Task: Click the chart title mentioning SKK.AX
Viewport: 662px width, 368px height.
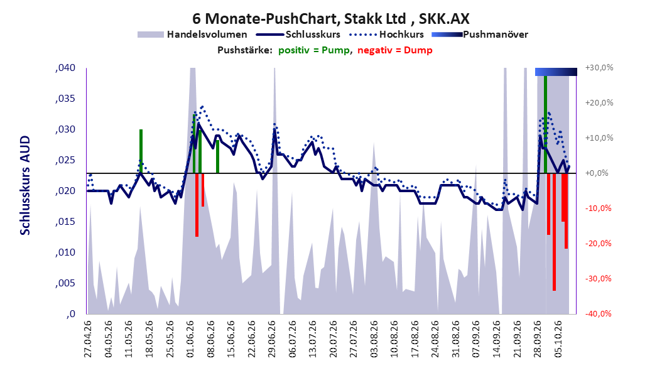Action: pos(330,19)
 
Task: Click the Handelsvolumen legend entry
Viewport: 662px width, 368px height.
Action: pos(193,35)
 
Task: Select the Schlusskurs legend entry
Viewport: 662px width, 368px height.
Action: pos(298,35)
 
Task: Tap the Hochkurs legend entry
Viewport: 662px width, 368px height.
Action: pos(386,35)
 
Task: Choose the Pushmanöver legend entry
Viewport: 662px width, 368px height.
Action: pos(480,35)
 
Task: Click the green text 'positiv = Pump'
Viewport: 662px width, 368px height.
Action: pos(313,50)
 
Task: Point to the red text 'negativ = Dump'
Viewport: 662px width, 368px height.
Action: pos(395,50)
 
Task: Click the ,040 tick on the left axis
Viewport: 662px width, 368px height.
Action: pos(65,68)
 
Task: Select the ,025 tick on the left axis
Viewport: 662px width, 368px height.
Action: pos(65,160)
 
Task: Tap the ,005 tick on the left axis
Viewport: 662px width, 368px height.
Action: pos(65,283)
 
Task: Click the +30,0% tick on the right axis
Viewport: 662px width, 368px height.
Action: pos(599,68)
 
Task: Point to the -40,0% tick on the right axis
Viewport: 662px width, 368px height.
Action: pos(598,313)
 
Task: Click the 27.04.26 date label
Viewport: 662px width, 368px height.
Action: pos(88,339)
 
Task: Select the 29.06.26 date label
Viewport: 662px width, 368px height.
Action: pos(272,339)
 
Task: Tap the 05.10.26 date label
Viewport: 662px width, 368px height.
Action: pos(558,339)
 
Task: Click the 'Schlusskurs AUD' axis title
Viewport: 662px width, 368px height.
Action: pos(25,185)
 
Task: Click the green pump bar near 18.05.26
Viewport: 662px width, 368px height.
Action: pos(141,151)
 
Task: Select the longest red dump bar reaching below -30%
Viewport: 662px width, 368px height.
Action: pos(554,232)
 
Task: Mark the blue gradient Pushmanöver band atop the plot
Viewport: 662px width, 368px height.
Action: pos(556,72)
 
